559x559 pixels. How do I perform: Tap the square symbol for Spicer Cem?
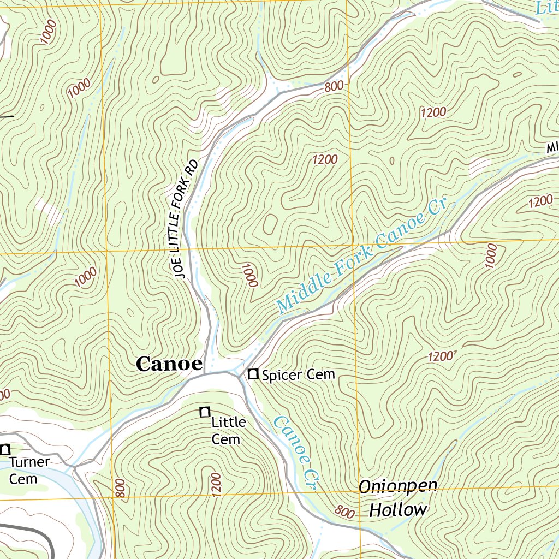pyautogui.click(x=253, y=374)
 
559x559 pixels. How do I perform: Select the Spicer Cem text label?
pyautogui.click(x=298, y=375)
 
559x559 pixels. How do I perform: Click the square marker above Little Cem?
pyautogui.click(x=205, y=412)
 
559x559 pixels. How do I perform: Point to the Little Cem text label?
pyautogui.click(x=228, y=431)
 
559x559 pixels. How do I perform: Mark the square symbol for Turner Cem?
pyautogui.click(x=5, y=450)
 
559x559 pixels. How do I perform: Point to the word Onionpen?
pyautogui.click(x=398, y=486)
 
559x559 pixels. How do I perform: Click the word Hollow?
pyautogui.click(x=398, y=510)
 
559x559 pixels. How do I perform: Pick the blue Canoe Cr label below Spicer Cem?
pyautogui.click(x=295, y=453)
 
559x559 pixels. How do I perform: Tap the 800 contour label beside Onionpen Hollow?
pyautogui.click(x=344, y=512)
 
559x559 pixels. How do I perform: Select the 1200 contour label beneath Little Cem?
pyautogui.click(x=215, y=483)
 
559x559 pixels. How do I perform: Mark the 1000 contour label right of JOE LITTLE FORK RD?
pyautogui.click(x=250, y=275)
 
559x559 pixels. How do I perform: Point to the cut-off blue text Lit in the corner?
pyautogui.click(x=546, y=7)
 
